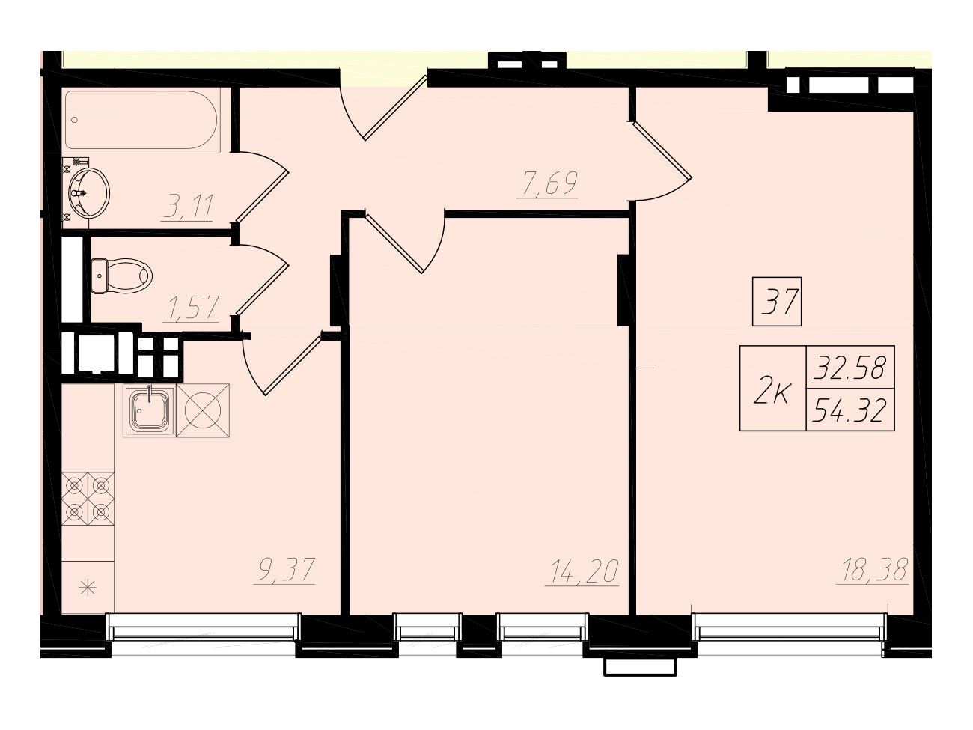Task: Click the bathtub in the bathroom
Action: tap(141, 120)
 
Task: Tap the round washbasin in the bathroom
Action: tap(89, 193)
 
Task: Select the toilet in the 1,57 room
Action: tap(121, 276)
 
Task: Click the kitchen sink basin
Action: tap(150, 410)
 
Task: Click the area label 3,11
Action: tap(189, 207)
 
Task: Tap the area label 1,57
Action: tap(192, 307)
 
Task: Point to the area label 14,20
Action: tap(582, 571)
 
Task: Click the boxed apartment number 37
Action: tap(777, 302)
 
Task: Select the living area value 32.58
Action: tap(850, 368)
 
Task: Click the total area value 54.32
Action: tap(850, 410)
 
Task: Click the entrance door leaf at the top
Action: tap(395, 108)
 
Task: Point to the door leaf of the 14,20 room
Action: tap(393, 243)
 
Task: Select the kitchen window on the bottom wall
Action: tap(204, 632)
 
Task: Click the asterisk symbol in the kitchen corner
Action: tap(88, 589)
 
